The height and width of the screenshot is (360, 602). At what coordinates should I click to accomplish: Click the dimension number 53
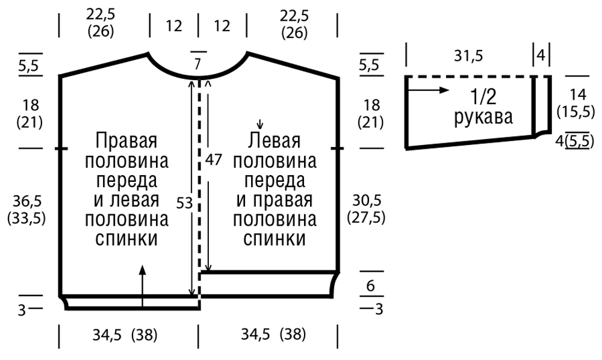(x=184, y=203)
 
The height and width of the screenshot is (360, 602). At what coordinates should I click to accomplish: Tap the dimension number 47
(x=214, y=160)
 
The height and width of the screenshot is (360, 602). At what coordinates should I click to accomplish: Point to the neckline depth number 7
(x=197, y=64)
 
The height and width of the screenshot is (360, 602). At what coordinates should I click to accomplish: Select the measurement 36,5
(x=27, y=200)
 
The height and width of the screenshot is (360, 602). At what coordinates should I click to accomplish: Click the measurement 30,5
(x=367, y=200)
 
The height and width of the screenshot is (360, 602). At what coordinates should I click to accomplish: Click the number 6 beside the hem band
(x=370, y=285)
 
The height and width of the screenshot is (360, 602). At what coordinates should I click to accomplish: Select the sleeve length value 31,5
(x=468, y=56)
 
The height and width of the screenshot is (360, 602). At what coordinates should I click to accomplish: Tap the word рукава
(x=483, y=116)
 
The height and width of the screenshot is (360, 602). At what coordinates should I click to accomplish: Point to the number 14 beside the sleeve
(x=578, y=95)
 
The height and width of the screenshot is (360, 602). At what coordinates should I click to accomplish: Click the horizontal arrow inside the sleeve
(x=427, y=90)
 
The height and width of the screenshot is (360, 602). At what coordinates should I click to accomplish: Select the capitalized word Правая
(x=126, y=141)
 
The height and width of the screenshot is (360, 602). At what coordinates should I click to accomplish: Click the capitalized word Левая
(x=274, y=140)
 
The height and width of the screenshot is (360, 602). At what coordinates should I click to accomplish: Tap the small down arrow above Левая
(x=260, y=123)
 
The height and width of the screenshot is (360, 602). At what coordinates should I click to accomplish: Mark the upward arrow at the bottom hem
(x=143, y=287)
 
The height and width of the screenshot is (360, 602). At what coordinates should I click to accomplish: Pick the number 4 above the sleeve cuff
(x=541, y=55)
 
